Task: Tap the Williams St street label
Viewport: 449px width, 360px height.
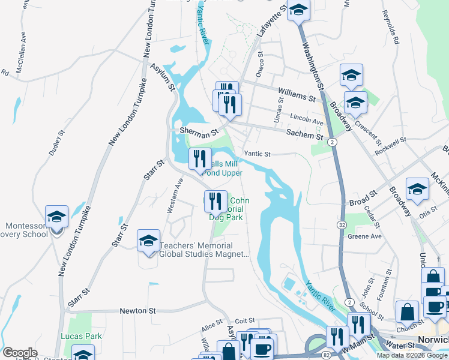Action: pyautogui.click(x=297, y=94)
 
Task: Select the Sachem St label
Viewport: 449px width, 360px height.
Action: pyautogui.click(x=305, y=135)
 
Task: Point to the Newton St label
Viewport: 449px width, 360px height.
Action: pyautogui.click(x=137, y=311)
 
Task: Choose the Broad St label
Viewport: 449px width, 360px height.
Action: pyautogui.click(x=362, y=196)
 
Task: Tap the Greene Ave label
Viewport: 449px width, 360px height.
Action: pyautogui.click(x=364, y=236)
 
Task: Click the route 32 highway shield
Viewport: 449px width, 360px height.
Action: pyautogui.click(x=340, y=224)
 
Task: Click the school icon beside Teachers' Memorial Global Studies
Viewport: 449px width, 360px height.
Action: pyautogui.click(x=148, y=241)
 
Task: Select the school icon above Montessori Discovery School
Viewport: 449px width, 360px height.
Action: pyautogui.click(x=56, y=217)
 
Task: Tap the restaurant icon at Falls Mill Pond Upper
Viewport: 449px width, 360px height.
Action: pyautogui.click(x=200, y=158)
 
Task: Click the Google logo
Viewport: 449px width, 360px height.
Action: pyautogui.click(x=20, y=353)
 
